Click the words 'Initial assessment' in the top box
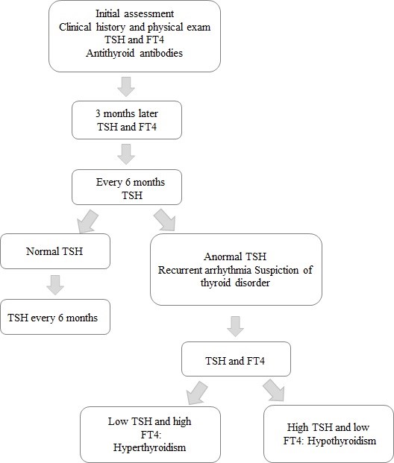pyautogui.click(x=135, y=13)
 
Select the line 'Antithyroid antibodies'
pyautogui.click(x=134, y=53)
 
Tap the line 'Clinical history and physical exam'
pyautogui.click(x=135, y=27)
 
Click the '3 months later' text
pyautogui.click(x=127, y=113)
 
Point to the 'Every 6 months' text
pyautogui.click(x=131, y=182)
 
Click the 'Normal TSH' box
pyautogui.click(x=55, y=251)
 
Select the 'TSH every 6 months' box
pyautogui.click(x=55, y=317)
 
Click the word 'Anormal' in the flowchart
pyautogui.click(x=222, y=256)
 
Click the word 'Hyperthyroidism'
pyautogui.click(x=149, y=447)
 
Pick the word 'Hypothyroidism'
pyautogui.click(x=342, y=441)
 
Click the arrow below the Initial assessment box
pyautogui.click(x=126, y=86)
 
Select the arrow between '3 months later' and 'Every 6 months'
pyautogui.click(x=126, y=154)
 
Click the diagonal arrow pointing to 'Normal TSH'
pyautogui.click(x=87, y=221)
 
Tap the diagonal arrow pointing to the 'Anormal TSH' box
pyautogui.click(x=166, y=220)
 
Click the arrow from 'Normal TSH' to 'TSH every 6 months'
pyautogui.click(x=55, y=285)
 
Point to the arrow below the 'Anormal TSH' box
pyautogui.click(x=235, y=327)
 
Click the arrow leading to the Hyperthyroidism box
pyautogui.click(x=196, y=393)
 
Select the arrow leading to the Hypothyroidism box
pyautogui.click(x=274, y=391)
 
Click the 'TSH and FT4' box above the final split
pyautogui.click(x=236, y=359)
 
